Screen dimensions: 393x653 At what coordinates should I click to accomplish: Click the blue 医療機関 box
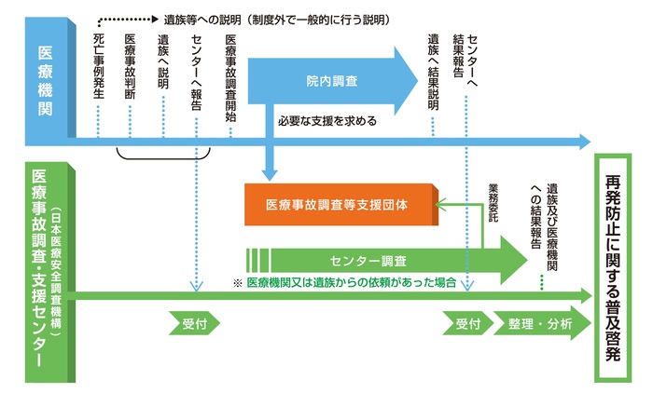tap(45, 79)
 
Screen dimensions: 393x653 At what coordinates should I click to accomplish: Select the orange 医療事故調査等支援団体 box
tap(340, 202)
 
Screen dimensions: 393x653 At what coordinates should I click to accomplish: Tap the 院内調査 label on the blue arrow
tap(331, 82)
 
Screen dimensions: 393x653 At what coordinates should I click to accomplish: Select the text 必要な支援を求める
tap(326, 121)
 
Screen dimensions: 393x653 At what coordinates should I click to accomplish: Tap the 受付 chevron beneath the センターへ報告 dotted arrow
tap(195, 324)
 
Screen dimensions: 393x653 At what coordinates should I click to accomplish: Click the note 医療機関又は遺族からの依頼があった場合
tap(350, 282)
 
